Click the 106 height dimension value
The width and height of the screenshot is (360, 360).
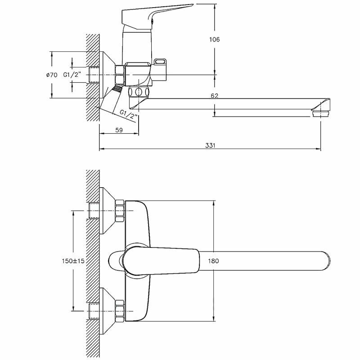tap(215, 40)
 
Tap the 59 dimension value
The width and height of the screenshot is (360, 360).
tap(119, 130)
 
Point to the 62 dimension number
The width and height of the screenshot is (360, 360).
tap(214, 95)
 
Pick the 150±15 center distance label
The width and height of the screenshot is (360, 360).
tap(73, 261)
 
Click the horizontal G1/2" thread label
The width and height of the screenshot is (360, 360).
tap(72, 75)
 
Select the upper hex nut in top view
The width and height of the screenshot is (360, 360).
tap(120, 210)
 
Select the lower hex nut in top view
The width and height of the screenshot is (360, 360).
tap(120, 310)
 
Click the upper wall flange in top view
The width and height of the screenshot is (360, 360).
tap(107, 210)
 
